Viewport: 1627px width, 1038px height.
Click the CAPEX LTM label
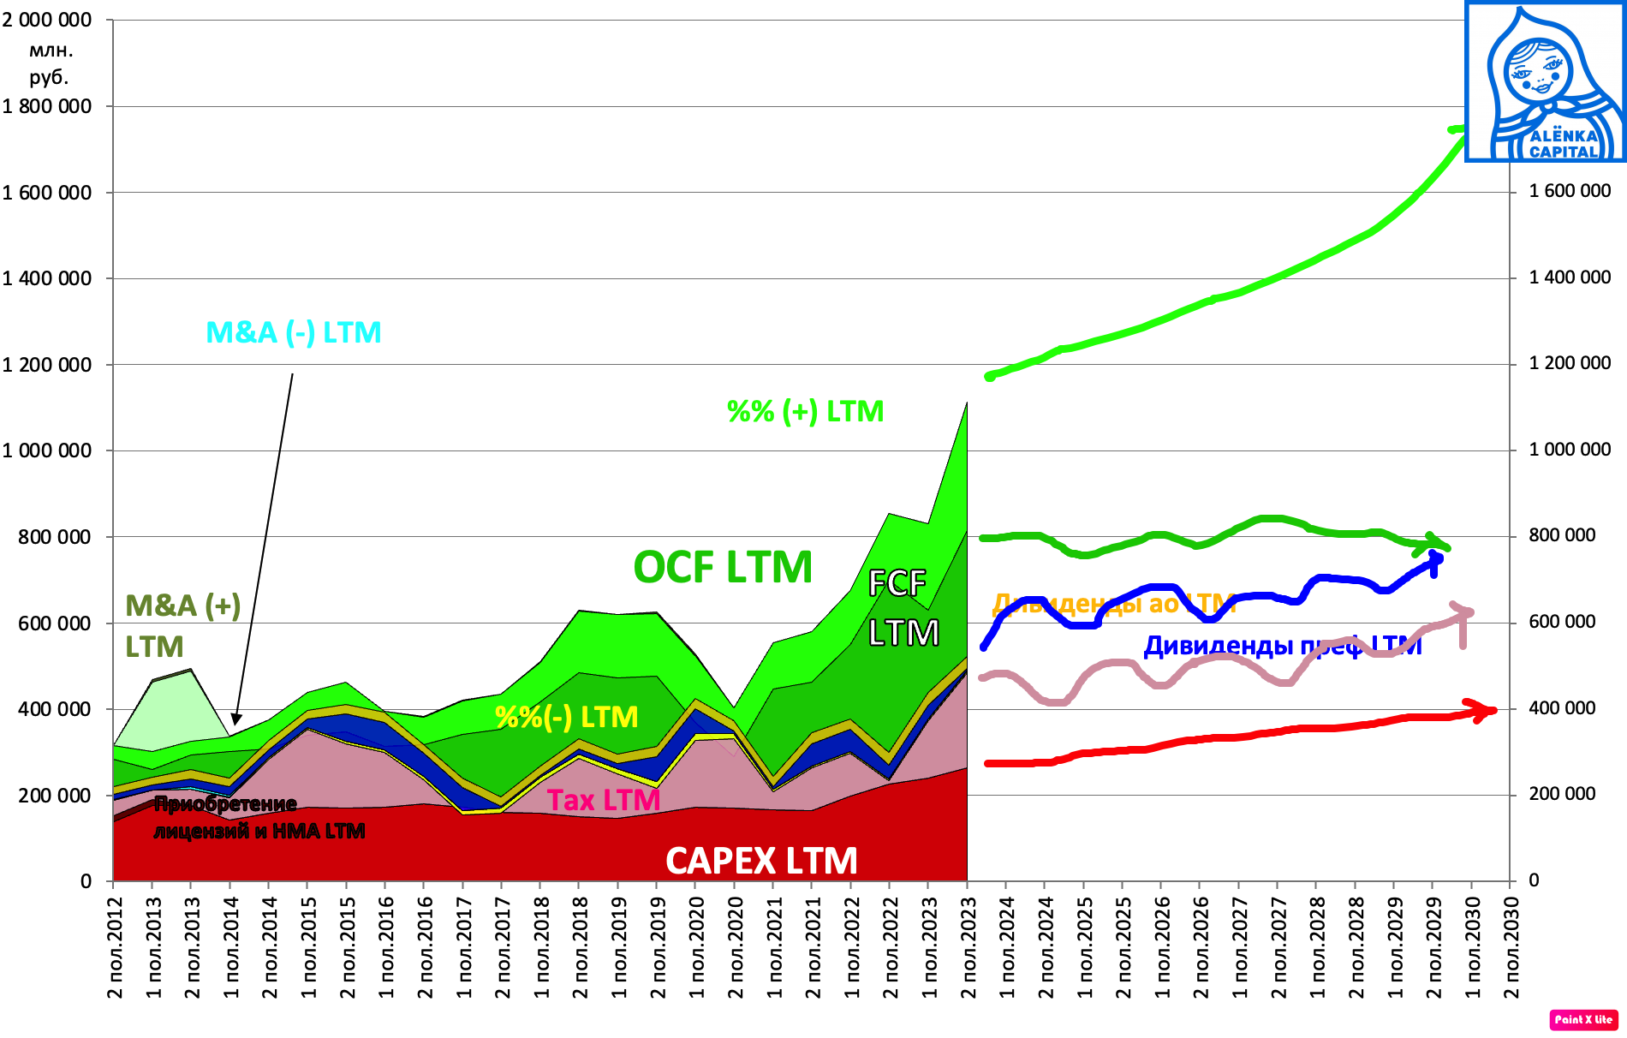[x=761, y=861]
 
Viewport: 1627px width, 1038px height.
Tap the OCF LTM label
[x=723, y=567]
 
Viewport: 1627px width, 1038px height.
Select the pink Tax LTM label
[x=604, y=800]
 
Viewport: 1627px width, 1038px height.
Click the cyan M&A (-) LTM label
[x=294, y=332]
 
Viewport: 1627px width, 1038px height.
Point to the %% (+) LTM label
[x=805, y=411]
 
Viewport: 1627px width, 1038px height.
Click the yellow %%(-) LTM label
[x=567, y=716]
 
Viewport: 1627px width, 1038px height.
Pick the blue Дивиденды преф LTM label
[x=1282, y=645]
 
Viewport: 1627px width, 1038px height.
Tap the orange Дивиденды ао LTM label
[x=1113, y=604]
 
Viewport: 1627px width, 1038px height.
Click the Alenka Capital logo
[x=1545, y=81]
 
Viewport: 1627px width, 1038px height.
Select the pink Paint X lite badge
[x=1582, y=1019]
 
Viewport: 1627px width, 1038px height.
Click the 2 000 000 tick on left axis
[x=46, y=20]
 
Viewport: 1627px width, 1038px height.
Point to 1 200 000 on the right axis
[x=1570, y=363]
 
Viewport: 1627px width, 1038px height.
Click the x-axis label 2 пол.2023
[x=969, y=947]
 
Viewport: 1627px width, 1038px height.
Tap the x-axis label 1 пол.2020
[x=697, y=947]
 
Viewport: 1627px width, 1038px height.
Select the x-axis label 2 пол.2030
[x=1512, y=947]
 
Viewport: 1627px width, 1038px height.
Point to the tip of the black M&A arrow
[x=235, y=724]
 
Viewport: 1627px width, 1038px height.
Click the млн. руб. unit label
[x=49, y=63]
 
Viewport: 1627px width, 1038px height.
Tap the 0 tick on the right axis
[x=1534, y=880]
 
